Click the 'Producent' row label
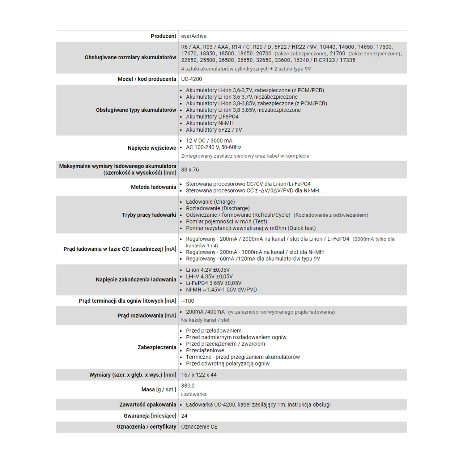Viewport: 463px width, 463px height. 163,36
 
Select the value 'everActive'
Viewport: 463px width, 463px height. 194,36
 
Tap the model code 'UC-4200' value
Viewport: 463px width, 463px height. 192,79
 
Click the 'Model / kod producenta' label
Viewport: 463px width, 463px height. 147,79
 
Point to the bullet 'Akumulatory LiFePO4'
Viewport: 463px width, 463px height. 212,117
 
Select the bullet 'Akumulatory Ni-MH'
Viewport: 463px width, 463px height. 210,123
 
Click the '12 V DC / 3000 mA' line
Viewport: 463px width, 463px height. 209,141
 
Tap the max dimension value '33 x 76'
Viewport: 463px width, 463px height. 190,170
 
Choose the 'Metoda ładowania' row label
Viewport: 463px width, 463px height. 153,187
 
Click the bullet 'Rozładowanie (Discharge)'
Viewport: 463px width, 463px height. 218,208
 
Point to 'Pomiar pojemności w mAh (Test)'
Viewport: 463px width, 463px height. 226,222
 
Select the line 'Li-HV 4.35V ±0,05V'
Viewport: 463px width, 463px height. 209,277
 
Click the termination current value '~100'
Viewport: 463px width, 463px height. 188,301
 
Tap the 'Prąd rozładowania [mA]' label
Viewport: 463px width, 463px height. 147,316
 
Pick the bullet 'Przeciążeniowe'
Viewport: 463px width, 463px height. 205,351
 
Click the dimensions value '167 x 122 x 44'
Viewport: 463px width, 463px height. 199,375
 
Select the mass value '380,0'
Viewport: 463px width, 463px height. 188,386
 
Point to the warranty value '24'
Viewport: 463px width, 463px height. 184,416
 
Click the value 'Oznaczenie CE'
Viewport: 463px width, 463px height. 199,427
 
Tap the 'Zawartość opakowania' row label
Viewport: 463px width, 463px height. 148,405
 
